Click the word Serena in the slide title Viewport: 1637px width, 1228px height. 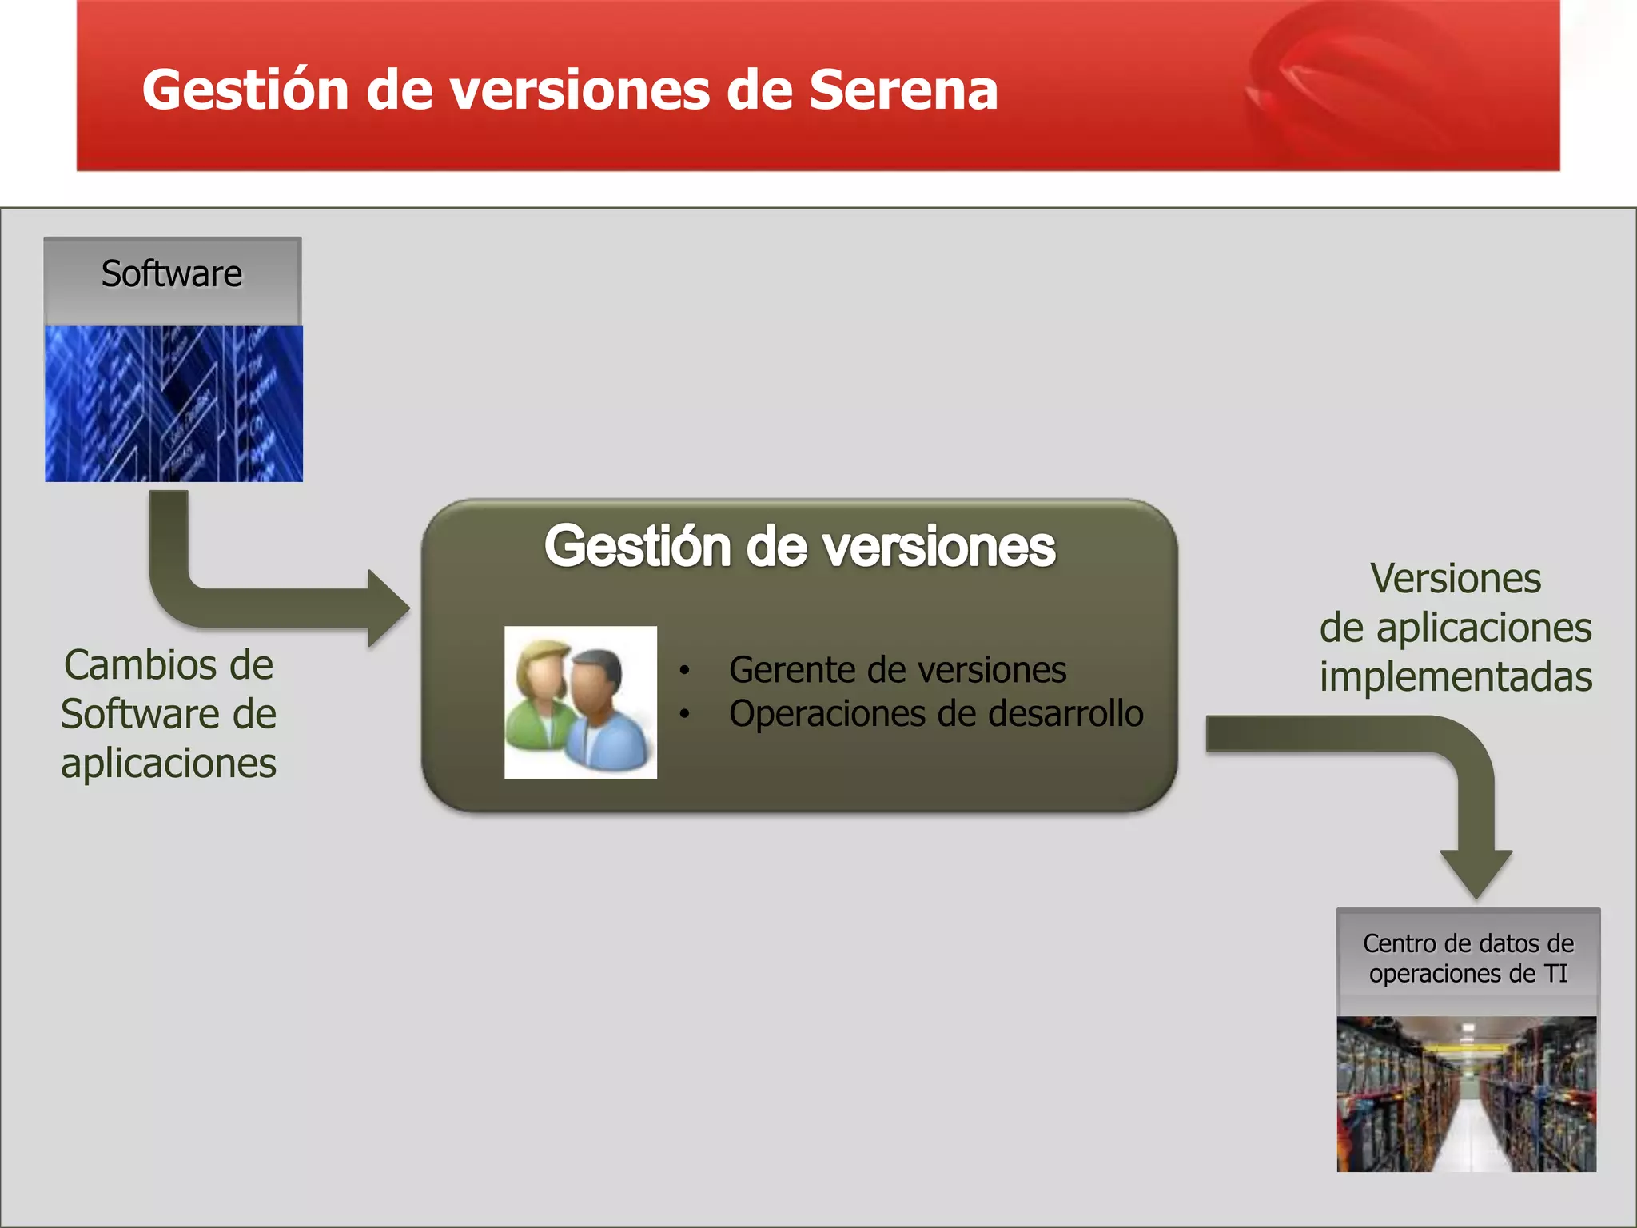coord(903,90)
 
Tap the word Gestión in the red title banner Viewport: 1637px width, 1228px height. coord(245,90)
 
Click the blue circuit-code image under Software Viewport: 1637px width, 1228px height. coord(173,403)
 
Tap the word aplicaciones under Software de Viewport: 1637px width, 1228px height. coord(169,764)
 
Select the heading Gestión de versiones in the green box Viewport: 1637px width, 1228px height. coord(799,547)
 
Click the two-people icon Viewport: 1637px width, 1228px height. coord(580,702)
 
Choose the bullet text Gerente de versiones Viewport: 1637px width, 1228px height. coord(897,670)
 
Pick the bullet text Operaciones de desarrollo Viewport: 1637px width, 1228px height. coord(935,714)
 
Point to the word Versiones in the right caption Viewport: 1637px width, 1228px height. coord(1456,579)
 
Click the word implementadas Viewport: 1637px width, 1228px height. coord(1456,677)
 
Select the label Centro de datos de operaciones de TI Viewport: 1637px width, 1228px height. coord(1468,959)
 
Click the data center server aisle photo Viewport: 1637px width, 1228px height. coord(1467,1094)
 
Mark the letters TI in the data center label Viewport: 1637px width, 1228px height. coord(1555,974)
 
